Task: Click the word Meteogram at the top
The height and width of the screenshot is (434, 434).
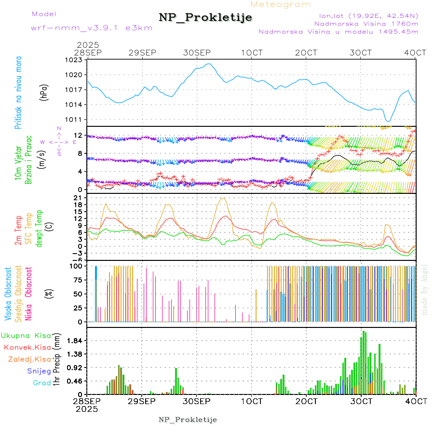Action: click(281, 4)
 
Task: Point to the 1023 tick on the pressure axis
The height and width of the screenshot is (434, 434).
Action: click(75, 60)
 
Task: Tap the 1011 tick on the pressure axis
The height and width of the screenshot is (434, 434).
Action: click(75, 120)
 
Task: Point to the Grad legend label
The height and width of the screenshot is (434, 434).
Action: click(42, 383)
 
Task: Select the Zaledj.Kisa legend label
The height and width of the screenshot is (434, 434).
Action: click(29, 359)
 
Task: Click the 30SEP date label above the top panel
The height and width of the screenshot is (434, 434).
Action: click(197, 52)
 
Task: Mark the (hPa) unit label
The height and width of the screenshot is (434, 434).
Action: click(44, 92)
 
